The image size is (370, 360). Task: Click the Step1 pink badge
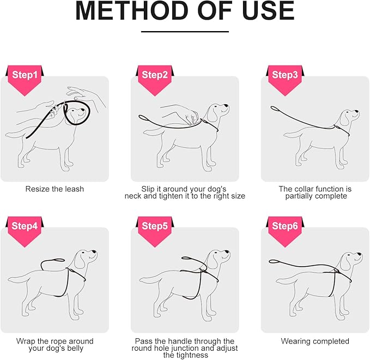click(25, 79)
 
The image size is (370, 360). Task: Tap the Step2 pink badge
click(155, 79)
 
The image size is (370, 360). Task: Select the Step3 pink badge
click(285, 79)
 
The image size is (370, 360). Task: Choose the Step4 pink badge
click(25, 230)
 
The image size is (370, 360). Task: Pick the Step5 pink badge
click(155, 230)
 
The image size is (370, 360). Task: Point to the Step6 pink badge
click(285, 230)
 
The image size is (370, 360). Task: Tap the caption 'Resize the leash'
click(54, 189)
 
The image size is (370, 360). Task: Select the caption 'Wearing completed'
click(315, 341)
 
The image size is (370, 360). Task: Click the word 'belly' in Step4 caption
click(75, 349)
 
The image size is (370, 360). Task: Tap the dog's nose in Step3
click(357, 111)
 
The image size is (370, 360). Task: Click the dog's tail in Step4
click(17, 279)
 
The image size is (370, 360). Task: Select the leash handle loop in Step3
click(275, 110)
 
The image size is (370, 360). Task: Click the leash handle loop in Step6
click(274, 261)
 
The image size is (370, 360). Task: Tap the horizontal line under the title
click(185, 32)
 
